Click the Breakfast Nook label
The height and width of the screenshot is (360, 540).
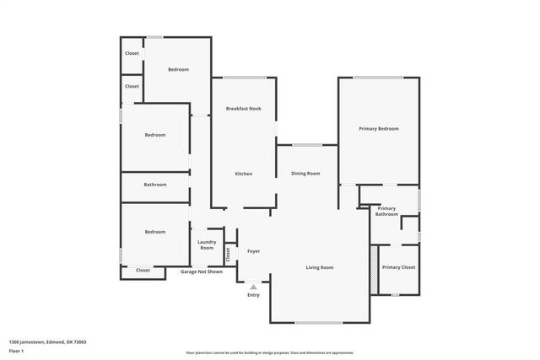(243, 109)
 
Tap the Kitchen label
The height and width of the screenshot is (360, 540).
(243, 174)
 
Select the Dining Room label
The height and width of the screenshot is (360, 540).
(305, 174)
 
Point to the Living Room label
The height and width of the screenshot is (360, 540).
(319, 267)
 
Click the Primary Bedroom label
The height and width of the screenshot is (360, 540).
(378, 128)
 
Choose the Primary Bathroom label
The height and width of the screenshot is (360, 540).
(386, 211)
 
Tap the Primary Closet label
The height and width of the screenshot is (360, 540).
(398, 267)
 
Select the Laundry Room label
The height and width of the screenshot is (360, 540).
(207, 244)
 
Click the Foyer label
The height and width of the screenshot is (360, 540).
(253, 251)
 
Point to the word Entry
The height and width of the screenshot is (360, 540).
(253, 295)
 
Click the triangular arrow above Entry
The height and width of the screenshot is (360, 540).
(253, 287)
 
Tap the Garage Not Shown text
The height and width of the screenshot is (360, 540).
(202, 271)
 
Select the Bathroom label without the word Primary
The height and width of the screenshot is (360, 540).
(154, 185)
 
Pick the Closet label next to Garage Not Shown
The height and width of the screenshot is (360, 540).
(143, 270)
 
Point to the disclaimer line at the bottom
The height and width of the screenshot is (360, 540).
(269, 352)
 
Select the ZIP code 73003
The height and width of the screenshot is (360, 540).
(80, 342)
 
